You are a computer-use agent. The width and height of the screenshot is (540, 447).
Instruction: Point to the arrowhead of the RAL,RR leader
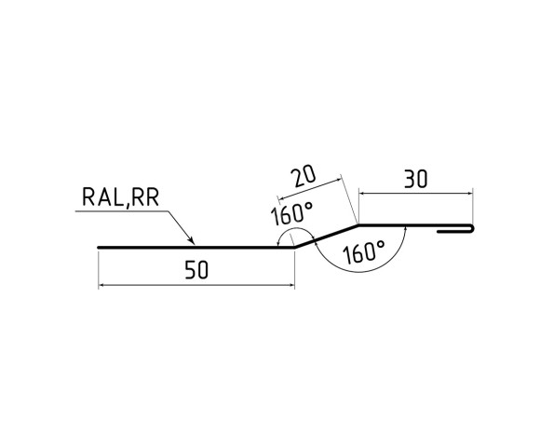coord(192,244)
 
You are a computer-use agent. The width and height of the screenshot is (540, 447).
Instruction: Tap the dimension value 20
coord(303,177)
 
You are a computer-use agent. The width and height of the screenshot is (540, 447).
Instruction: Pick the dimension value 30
coord(415,178)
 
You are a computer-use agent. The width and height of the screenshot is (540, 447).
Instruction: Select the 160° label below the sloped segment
coord(363,251)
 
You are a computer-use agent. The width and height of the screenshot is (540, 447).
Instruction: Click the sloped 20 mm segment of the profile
coord(326,236)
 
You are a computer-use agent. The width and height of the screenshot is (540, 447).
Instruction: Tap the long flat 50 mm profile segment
coord(196,248)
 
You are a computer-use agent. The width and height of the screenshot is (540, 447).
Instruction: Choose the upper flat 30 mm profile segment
coord(400,224)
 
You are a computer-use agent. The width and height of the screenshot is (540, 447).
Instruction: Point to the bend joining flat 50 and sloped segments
coord(294,248)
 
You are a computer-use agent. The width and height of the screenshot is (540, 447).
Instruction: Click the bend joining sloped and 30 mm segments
coord(358,224)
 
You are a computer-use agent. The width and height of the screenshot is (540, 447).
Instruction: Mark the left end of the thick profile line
coord(99,248)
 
